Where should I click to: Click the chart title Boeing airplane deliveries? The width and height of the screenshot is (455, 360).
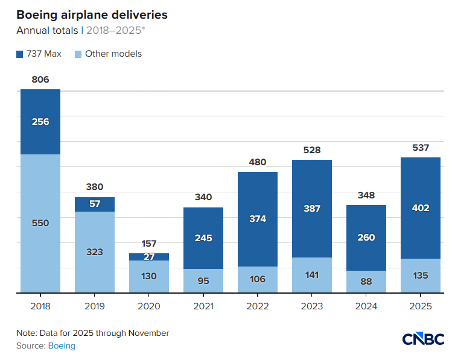coord(92,14)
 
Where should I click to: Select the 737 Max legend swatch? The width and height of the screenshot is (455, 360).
coord(20,54)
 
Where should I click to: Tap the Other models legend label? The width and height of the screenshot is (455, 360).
coord(113,54)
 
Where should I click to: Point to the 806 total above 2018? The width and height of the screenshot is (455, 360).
coord(40,80)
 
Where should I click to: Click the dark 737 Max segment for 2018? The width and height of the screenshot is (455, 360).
coord(40,122)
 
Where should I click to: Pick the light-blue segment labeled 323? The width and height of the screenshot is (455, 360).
coord(95,252)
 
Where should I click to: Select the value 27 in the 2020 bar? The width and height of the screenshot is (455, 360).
coord(149,257)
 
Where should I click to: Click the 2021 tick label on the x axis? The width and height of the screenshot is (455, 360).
coord(203,306)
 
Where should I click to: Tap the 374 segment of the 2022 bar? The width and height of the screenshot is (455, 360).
coord(258,219)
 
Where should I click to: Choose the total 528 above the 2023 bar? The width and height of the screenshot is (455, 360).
coord(312,150)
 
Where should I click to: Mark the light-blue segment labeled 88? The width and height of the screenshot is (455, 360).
coord(366,282)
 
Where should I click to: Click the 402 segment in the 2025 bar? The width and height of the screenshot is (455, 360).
coord(421,208)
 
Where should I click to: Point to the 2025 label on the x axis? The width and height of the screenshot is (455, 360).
coord(421,306)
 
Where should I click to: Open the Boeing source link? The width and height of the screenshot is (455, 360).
coord(62,346)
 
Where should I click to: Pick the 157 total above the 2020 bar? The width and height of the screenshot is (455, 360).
coord(149,244)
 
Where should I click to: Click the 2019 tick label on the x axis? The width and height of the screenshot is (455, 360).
coord(95,306)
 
